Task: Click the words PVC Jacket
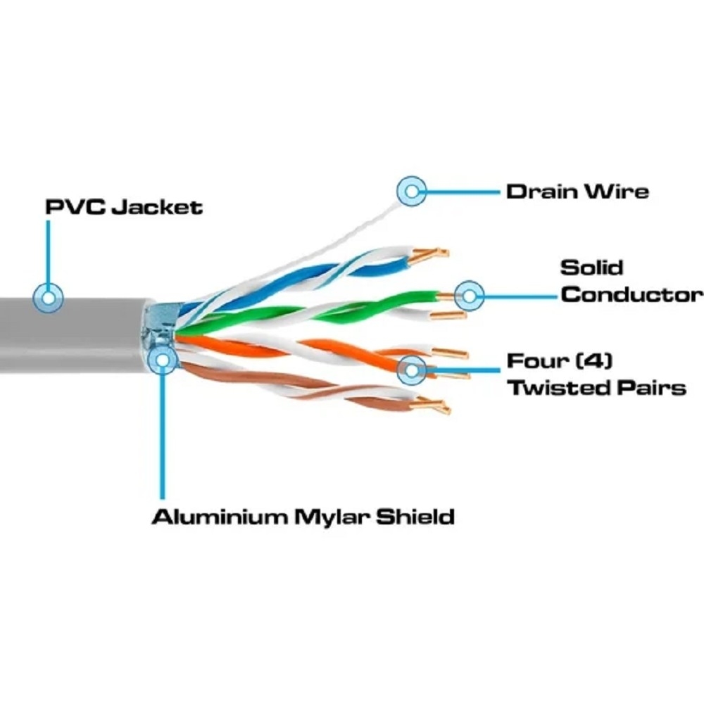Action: pyautogui.click(x=124, y=207)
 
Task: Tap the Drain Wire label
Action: pyautogui.click(x=577, y=191)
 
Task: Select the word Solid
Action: pyautogui.click(x=592, y=268)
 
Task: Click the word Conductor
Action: pyautogui.click(x=631, y=295)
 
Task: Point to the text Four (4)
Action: pyautogui.click(x=560, y=360)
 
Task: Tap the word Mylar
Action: pyautogui.click(x=332, y=517)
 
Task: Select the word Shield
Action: pyautogui.click(x=415, y=517)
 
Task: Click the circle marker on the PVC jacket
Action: pyautogui.click(x=48, y=298)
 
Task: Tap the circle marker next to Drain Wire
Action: pyautogui.click(x=412, y=191)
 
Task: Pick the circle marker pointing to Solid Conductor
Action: pyautogui.click(x=469, y=296)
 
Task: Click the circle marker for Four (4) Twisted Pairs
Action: pyautogui.click(x=412, y=370)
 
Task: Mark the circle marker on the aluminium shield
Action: pyautogui.click(x=162, y=360)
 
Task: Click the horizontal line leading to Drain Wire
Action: pyautogui.click(x=463, y=191)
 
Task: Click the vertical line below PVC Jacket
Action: pyautogui.click(x=48, y=251)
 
